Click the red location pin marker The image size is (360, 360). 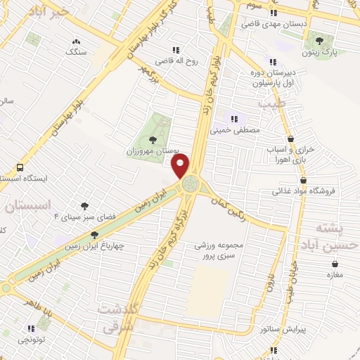(x=181, y=165)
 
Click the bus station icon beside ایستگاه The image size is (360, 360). (x=20, y=169)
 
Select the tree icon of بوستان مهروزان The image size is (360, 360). (x=153, y=139)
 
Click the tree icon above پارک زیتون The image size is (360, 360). (x=320, y=40)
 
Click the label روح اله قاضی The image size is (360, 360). (x=173, y=61)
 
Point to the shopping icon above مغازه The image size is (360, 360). (x=334, y=264)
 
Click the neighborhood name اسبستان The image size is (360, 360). (x=28, y=206)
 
